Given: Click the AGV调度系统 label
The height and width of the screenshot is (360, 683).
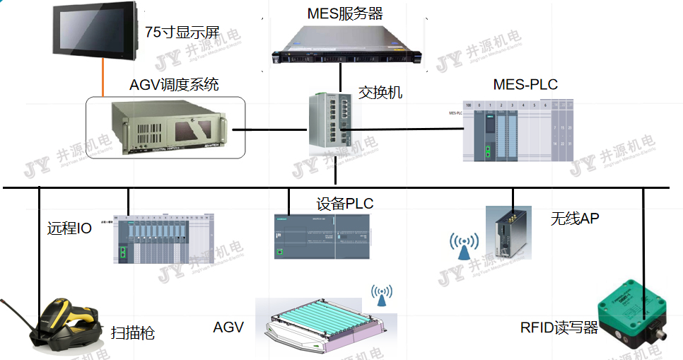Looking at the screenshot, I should click(174, 85).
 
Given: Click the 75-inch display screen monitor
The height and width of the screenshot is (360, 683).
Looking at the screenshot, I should click(95, 30).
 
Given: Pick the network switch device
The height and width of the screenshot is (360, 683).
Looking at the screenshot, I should click(329, 123).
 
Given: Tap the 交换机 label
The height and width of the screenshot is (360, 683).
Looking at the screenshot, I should click(380, 92).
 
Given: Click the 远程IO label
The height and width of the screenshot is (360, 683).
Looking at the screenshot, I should click(69, 228).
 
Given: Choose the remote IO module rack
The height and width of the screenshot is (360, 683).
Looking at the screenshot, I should click(163, 238).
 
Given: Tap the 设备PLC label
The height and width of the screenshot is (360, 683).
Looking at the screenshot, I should click(344, 204).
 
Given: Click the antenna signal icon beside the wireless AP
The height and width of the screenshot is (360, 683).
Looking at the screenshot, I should click(463, 245).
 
